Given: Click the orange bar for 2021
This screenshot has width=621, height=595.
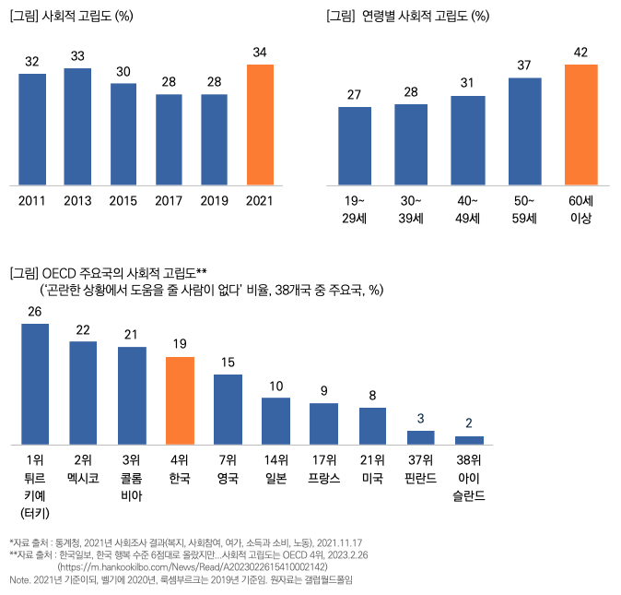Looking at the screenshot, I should pyautogui.click(x=260, y=125).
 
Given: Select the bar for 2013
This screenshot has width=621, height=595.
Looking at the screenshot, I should pyautogui.click(x=77, y=126).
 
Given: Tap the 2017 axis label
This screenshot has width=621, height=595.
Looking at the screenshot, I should pyautogui.click(x=169, y=200).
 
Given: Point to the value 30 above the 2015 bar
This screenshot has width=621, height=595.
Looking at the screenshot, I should pyautogui.click(x=123, y=72).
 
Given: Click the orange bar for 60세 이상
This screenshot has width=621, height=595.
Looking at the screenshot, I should pyautogui.click(x=581, y=125).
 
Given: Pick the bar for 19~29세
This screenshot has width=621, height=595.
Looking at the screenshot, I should pyautogui.click(x=355, y=146).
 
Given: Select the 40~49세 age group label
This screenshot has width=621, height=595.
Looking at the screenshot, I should pyautogui.click(x=467, y=209).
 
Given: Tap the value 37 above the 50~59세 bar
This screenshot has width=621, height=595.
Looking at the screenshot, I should pyautogui.click(x=524, y=65).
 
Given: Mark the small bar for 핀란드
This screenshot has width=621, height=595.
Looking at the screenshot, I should pyautogui.click(x=420, y=437).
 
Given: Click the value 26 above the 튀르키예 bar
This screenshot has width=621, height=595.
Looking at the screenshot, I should pyautogui.click(x=35, y=311).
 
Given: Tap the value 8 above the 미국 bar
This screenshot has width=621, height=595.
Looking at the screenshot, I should pyautogui.click(x=372, y=396).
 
